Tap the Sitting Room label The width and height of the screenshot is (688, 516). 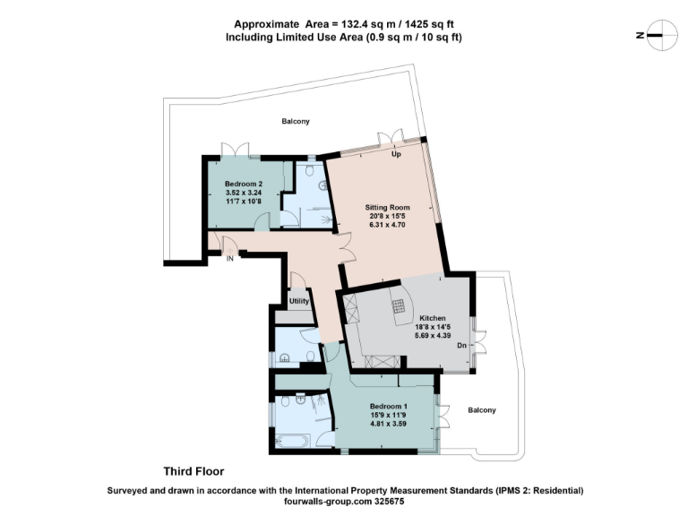click(x=388, y=207)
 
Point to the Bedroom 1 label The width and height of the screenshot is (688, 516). click(x=389, y=406)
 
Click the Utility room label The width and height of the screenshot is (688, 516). click(x=298, y=301)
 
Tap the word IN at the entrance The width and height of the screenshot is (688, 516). click(x=230, y=259)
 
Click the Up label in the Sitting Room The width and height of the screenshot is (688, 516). click(x=395, y=154)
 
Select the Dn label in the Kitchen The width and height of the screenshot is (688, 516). click(x=460, y=346)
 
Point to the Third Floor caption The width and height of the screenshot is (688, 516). click(x=193, y=471)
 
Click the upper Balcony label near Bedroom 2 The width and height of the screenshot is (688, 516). click(x=296, y=121)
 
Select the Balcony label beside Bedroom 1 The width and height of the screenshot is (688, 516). click(x=481, y=410)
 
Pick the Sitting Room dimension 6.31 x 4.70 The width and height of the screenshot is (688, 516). click(x=388, y=225)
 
